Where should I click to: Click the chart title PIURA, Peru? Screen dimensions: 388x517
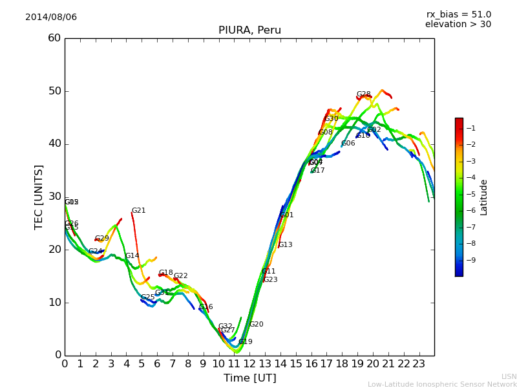tap(249, 30)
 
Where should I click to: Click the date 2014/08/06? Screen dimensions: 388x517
tap(51, 17)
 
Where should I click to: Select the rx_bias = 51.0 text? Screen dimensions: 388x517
tap(458, 15)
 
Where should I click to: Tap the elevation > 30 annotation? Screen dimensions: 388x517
tap(458, 25)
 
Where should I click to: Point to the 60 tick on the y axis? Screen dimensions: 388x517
tap(54, 38)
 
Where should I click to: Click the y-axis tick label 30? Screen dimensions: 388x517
tap(54, 197)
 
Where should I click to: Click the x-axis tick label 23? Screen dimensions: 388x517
tap(419, 364)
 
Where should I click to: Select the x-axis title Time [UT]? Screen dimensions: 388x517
tap(249, 378)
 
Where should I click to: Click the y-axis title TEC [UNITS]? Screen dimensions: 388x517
tap(39, 197)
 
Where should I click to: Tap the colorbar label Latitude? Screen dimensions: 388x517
tap(484, 197)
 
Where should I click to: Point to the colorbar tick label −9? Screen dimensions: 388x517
tap(470, 260)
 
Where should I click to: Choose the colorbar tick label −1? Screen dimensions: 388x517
tap(470, 128)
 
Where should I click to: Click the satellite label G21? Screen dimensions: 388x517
tap(138, 211)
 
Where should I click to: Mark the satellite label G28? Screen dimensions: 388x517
tap(364, 94)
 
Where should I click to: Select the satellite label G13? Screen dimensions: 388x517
tap(285, 245)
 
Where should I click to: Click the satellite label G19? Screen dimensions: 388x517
tap(245, 342)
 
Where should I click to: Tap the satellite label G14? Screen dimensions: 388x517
tap(132, 256)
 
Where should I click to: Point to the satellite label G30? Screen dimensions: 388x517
tap(332, 119)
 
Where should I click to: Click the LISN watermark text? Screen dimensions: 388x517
tap(509, 376)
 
